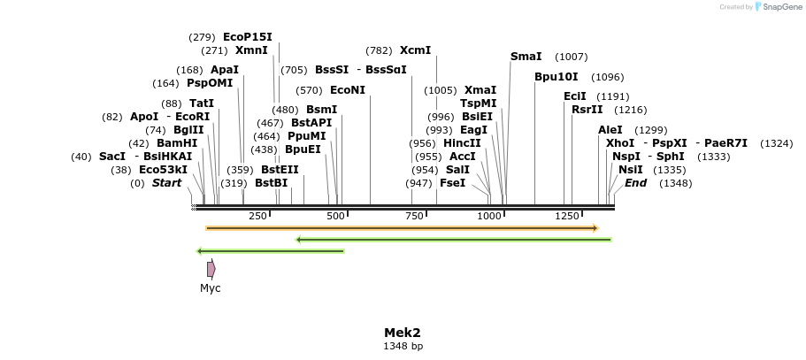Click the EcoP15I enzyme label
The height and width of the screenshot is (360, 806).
coord(248,37)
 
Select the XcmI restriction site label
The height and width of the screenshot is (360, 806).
coord(415,50)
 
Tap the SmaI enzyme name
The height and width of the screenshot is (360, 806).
coord(526,57)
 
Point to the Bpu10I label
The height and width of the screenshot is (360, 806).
coord(556,77)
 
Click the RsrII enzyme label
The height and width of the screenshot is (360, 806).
coord(587,110)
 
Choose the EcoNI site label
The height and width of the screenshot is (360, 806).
coord(347,90)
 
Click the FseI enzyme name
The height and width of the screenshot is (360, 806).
coord(452,183)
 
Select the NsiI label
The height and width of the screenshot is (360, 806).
coord(631,170)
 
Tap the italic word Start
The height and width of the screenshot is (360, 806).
coord(166,183)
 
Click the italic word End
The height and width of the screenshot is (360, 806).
coord(635,183)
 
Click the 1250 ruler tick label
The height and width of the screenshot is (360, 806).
coord(566,216)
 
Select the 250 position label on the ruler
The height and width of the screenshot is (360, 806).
coord(257,216)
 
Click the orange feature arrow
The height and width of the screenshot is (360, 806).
coord(402,228)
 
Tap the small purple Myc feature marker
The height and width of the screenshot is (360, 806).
coord(211,269)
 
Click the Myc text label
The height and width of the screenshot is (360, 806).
coord(211,288)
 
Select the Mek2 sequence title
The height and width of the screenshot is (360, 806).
coord(403,333)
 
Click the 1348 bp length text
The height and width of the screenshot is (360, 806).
coord(403,347)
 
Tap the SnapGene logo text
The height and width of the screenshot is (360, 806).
coord(779,7)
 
